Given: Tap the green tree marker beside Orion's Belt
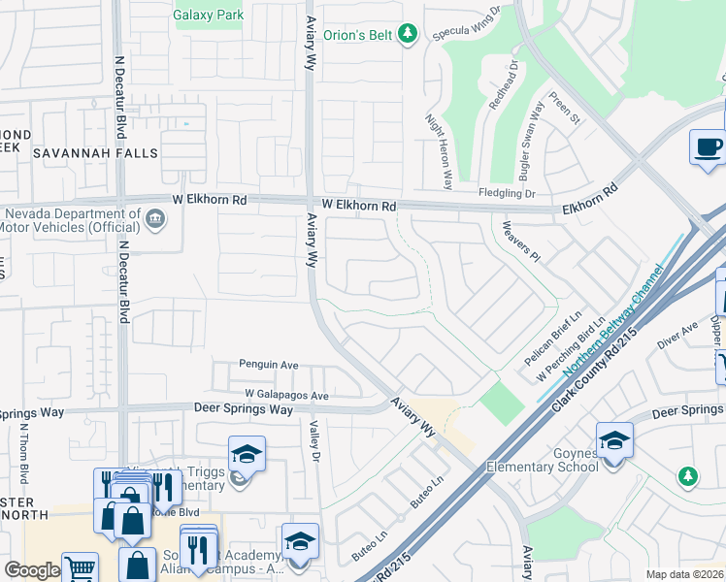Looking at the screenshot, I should [409, 35].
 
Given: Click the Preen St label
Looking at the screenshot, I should [564, 109].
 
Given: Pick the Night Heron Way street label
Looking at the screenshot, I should [439, 151].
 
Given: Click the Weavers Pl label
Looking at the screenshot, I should [520, 240].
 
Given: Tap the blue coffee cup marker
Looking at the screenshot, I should [708, 147].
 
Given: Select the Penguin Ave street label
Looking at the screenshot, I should [270, 365].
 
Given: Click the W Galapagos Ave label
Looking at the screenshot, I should [286, 396].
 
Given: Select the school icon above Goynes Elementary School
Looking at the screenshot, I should [614, 440].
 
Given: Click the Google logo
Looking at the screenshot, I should [32, 570].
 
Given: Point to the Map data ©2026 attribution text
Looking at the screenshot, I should [683, 574].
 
